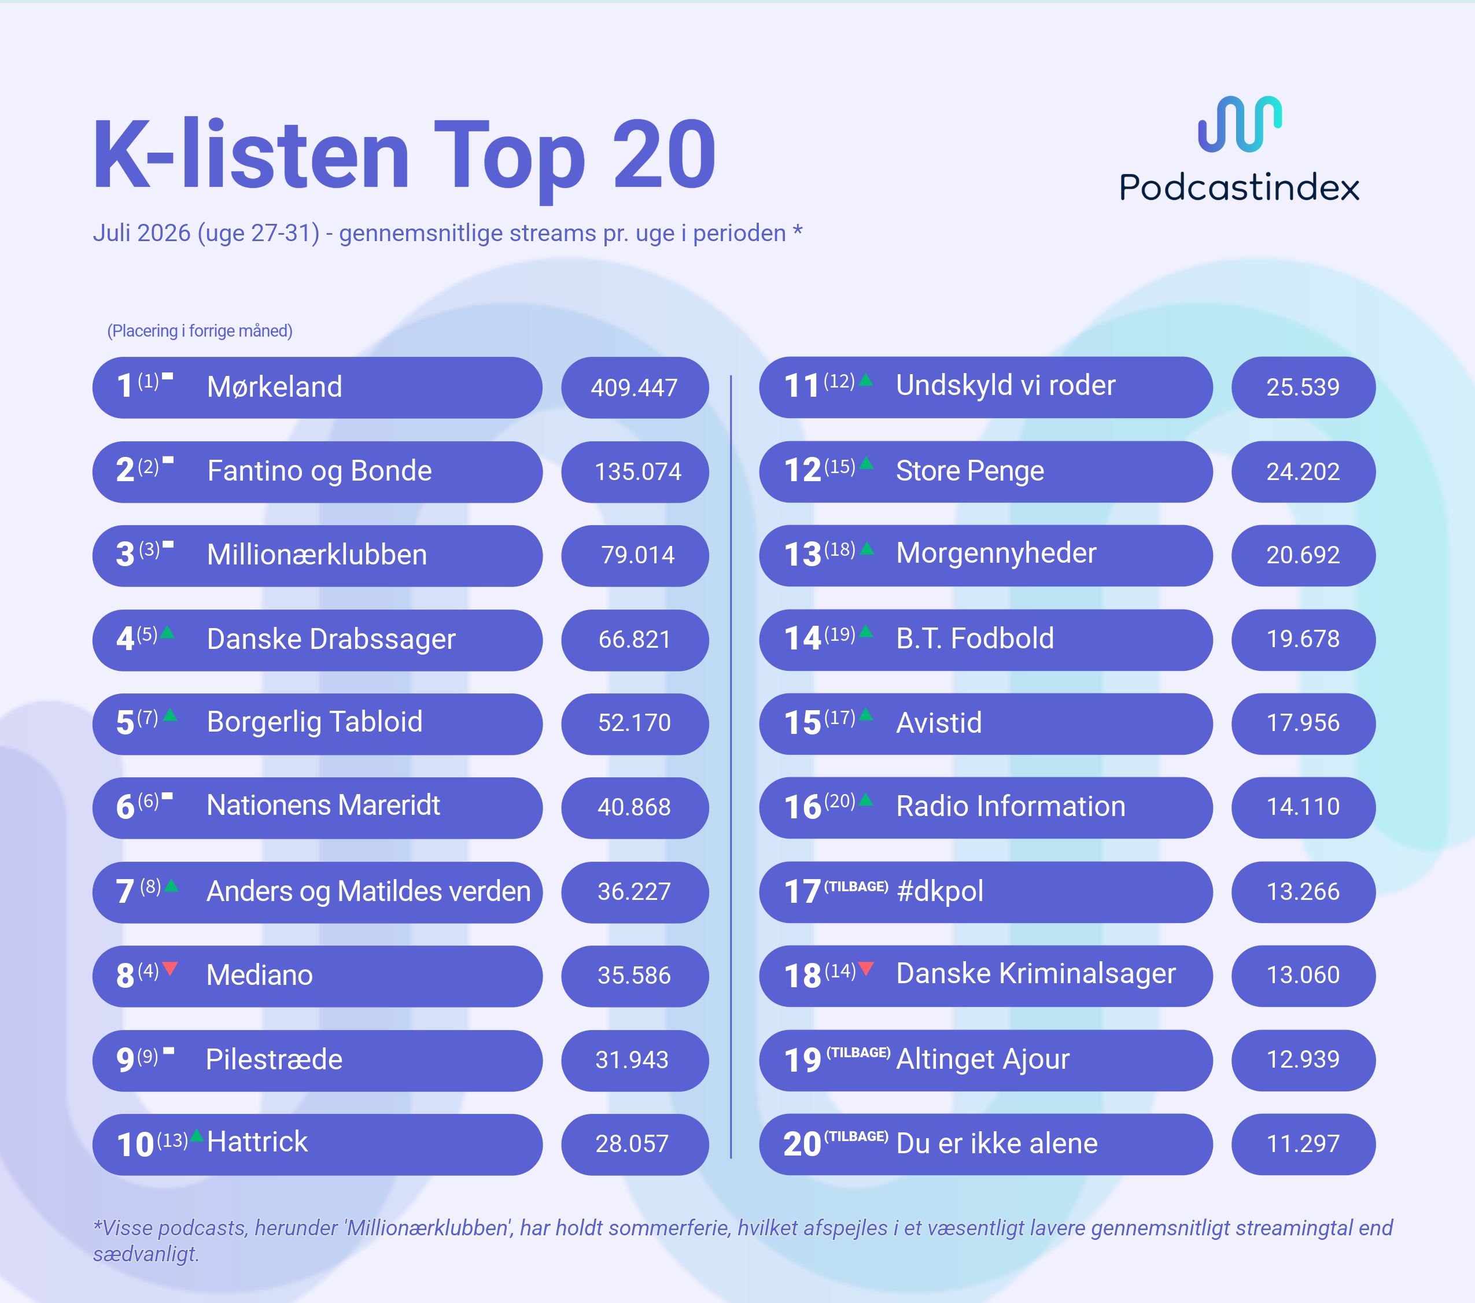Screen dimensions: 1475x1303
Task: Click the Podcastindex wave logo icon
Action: [x=1240, y=124]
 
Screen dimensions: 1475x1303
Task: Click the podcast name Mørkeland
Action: [x=274, y=387]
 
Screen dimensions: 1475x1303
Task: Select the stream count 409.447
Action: [x=635, y=388]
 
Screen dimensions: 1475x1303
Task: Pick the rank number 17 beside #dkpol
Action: [x=802, y=892]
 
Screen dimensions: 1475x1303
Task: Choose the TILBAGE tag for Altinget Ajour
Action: [x=858, y=1052]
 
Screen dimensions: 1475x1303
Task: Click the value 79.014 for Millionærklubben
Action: [x=638, y=555]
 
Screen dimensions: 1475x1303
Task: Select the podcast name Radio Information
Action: [x=1011, y=806]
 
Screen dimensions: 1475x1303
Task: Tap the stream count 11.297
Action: [x=1303, y=1143]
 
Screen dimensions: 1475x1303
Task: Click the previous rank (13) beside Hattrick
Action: [x=172, y=1140]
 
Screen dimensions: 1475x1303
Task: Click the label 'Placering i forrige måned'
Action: [x=200, y=331]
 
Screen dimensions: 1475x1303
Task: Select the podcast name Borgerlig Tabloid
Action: [x=315, y=722]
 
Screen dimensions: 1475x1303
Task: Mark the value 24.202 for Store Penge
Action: [x=1303, y=472]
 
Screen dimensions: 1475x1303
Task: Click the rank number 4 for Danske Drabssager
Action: [x=125, y=639]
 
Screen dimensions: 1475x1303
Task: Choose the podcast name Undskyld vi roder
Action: [x=1005, y=385]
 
